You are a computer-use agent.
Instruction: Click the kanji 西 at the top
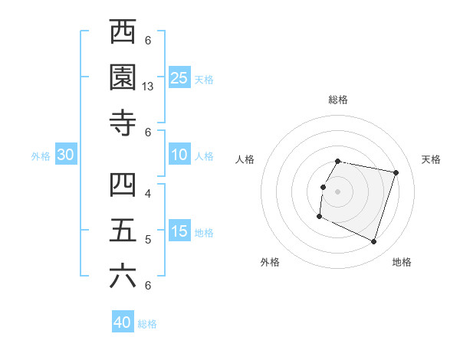click(123, 33)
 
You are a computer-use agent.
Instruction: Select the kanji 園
click(123, 78)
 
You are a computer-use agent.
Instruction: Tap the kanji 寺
click(123, 123)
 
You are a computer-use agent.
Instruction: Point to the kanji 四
click(123, 185)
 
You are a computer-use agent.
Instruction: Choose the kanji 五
click(123, 231)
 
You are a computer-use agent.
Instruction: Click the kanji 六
click(123, 277)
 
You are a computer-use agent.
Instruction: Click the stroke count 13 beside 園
click(148, 87)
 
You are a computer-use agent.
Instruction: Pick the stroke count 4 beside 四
click(148, 194)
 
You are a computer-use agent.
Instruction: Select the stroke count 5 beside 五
click(148, 240)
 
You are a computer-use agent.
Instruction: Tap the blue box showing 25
click(179, 78)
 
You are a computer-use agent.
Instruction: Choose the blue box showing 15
click(179, 232)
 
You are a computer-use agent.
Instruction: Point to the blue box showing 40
click(123, 322)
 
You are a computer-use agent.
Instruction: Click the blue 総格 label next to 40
click(147, 324)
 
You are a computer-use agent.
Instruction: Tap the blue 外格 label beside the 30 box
click(41, 156)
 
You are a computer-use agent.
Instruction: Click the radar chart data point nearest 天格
click(396, 173)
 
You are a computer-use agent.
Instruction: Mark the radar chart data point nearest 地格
click(374, 242)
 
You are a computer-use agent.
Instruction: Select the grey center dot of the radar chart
click(337, 191)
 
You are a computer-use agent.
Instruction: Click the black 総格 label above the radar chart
click(338, 100)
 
